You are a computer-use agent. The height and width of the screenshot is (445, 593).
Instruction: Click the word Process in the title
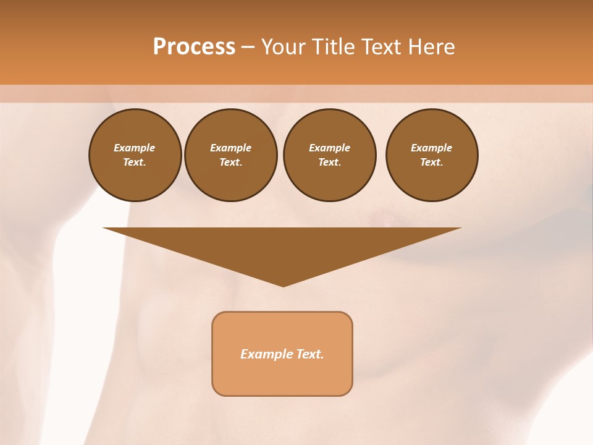(194, 47)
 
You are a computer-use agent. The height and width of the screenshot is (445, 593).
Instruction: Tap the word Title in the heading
(332, 47)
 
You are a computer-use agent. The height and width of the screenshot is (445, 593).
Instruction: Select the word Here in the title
(431, 47)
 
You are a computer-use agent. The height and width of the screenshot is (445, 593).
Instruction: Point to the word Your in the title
(284, 47)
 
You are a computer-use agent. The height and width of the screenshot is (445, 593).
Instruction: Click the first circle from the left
(135, 155)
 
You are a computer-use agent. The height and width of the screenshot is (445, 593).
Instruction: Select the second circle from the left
(231, 155)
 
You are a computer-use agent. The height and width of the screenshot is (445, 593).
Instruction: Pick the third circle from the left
(329, 155)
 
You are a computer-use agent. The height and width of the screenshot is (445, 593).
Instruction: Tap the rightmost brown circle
(432, 155)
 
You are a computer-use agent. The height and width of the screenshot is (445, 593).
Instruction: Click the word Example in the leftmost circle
(135, 148)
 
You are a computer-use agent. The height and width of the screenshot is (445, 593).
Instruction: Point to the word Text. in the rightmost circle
(432, 162)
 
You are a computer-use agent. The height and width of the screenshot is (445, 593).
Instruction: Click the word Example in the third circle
(329, 148)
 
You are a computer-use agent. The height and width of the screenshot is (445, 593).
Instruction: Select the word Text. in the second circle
(231, 162)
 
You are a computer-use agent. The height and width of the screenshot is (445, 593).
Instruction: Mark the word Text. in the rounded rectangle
(310, 354)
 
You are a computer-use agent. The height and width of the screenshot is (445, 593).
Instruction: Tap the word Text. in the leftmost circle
(135, 162)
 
